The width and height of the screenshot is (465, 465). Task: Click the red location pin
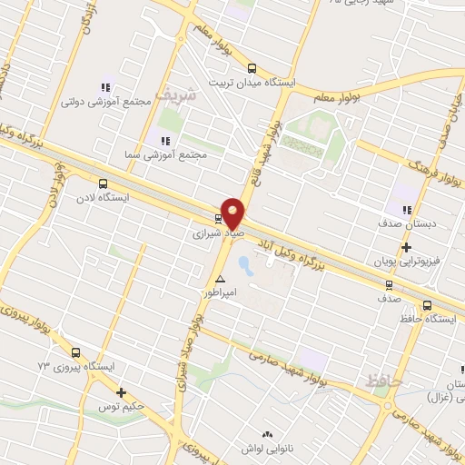(233, 213)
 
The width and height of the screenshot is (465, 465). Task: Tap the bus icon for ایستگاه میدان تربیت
(252, 68)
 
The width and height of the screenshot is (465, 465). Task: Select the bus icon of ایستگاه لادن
(102, 183)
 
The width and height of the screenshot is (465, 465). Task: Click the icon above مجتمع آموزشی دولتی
(105, 87)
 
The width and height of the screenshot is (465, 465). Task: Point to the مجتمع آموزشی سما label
(175, 155)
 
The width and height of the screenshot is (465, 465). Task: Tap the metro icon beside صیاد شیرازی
(218, 218)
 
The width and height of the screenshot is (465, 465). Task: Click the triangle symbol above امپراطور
(220, 279)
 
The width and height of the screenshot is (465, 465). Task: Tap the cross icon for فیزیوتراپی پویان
(406, 246)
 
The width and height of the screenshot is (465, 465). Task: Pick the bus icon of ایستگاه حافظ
(427, 305)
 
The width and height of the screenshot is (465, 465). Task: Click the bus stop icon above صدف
(388, 284)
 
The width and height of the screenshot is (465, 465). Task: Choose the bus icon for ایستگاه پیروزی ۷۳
(75, 353)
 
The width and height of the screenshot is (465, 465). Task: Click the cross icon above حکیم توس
(121, 392)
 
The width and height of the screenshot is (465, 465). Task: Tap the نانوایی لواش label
(267, 449)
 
